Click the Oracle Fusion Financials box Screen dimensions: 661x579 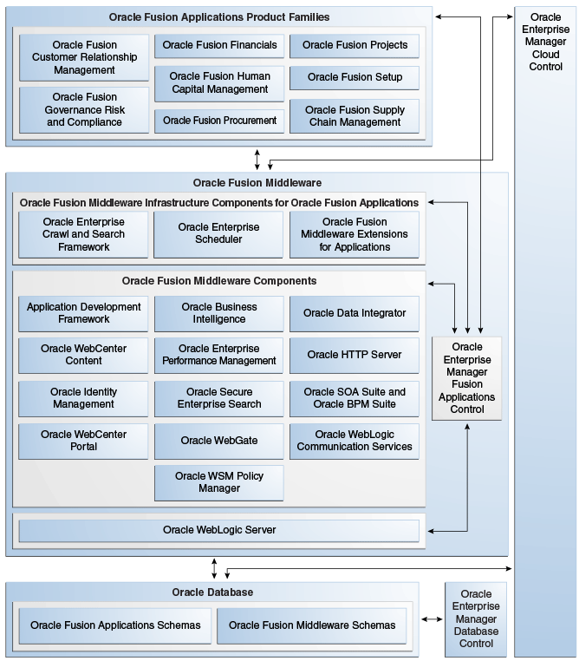pyautogui.click(x=219, y=45)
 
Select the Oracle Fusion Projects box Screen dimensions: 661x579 pyautogui.click(x=355, y=45)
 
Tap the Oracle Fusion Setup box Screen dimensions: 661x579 pyautogui.click(x=355, y=77)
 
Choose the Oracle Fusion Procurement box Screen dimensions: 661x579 pyautogui.click(x=219, y=121)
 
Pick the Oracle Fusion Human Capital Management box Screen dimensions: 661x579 pyautogui.click(x=219, y=83)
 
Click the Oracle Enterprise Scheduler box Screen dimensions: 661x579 pyautogui.click(x=219, y=234)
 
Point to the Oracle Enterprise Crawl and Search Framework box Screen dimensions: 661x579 pyautogui.click(x=83, y=234)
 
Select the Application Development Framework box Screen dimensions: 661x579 pyautogui.click(x=83, y=313)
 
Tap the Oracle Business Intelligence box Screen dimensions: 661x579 pyautogui.click(x=219, y=313)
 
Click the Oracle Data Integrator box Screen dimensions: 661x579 pyautogui.click(x=355, y=313)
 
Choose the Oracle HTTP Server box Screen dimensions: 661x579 pyautogui.click(x=355, y=355)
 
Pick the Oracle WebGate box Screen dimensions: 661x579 pyautogui.click(x=219, y=441)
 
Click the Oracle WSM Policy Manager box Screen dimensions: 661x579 pyautogui.click(x=219, y=482)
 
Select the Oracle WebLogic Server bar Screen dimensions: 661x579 pyautogui.click(x=219, y=530)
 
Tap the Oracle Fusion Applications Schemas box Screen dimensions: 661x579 pyautogui.click(x=115, y=625)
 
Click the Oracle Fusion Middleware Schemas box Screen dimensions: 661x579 pyautogui.click(x=312, y=625)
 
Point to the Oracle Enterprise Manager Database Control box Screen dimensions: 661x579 pyautogui.click(x=476, y=619)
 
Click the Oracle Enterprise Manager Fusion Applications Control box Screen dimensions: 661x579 pyautogui.click(x=467, y=378)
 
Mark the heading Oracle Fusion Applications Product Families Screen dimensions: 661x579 pyautogui.click(x=219, y=17)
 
